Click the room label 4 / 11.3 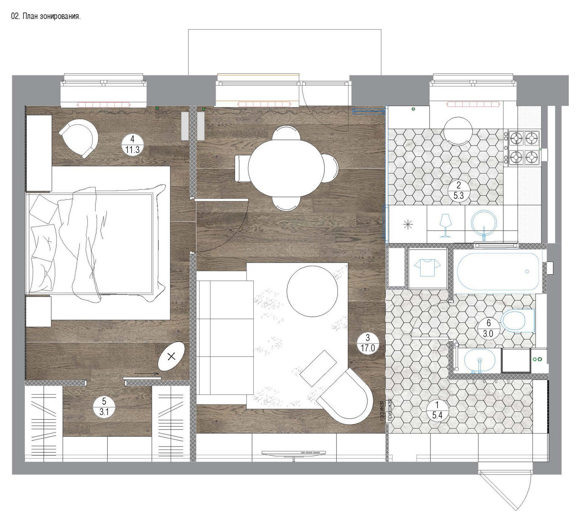tap(132, 144)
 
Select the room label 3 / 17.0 tap(368, 343)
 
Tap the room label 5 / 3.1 tap(104, 407)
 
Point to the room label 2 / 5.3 tap(459, 191)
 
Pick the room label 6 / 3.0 tap(488, 328)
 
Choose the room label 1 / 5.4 tap(437, 410)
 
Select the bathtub tap(498, 272)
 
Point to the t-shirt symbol tap(427, 268)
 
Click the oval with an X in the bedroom tap(171, 356)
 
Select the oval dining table tap(286, 168)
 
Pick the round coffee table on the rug tap(312, 291)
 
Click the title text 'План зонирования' tap(51, 16)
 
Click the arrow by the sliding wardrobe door tap(146, 373)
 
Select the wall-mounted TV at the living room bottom tap(293, 453)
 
